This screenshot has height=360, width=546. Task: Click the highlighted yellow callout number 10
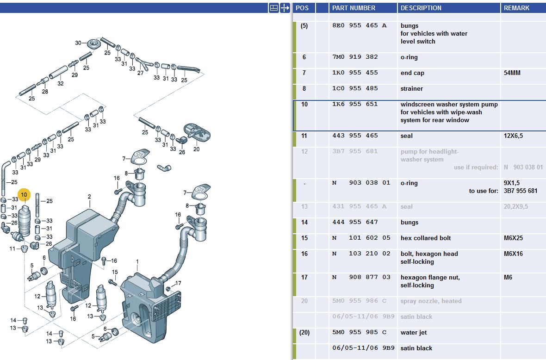click(x=24, y=195)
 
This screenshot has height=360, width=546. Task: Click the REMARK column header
click(x=516, y=8)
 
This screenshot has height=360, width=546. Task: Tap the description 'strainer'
click(x=412, y=88)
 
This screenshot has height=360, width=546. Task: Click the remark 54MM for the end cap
click(x=512, y=73)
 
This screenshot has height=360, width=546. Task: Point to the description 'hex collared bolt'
click(x=425, y=238)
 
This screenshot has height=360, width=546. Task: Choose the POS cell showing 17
click(x=304, y=278)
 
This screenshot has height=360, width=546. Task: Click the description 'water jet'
click(x=414, y=332)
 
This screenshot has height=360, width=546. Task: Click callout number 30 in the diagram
click(x=79, y=43)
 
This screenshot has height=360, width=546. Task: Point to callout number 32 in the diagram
click(x=61, y=83)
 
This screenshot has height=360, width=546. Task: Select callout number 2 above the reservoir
click(x=89, y=197)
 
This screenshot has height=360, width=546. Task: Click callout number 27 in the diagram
click(x=140, y=73)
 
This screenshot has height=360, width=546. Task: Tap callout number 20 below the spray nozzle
click(x=196, y=149)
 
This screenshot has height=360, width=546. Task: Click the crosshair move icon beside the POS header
click(x=285, y=8)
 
